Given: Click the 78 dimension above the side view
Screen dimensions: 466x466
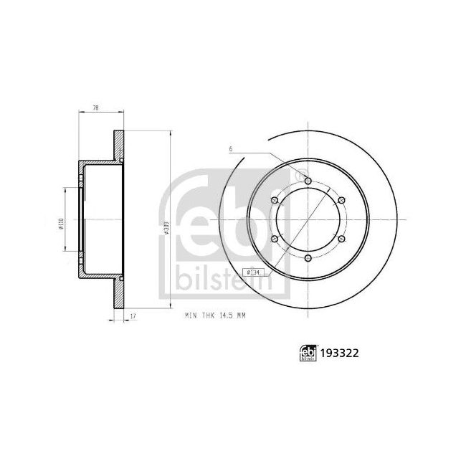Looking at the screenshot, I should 95,108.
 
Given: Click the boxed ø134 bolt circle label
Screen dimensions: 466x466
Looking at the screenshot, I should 252,272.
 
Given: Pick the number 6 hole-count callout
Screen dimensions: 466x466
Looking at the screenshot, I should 232,149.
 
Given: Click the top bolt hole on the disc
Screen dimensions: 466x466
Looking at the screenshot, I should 308,181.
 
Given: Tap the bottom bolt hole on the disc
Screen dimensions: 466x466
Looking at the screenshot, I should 308,258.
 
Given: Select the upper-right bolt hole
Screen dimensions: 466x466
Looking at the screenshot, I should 341,201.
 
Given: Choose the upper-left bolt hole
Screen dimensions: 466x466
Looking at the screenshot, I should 275,201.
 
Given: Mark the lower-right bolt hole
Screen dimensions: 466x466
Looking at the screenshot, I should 341,239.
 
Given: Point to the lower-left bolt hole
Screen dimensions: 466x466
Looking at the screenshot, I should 275,239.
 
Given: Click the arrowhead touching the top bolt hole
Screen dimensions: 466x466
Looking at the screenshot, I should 303,176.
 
